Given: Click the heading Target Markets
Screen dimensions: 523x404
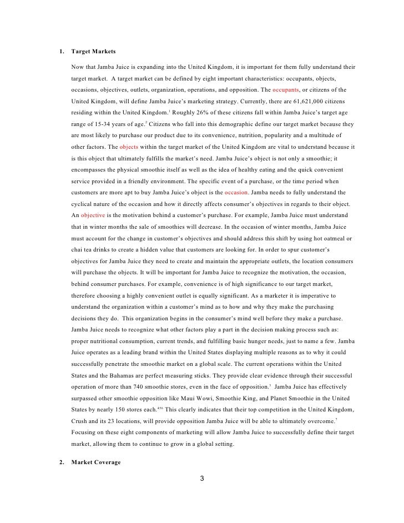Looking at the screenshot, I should (x=93, y=52).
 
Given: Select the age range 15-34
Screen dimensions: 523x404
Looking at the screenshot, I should (x=105, y=124).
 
